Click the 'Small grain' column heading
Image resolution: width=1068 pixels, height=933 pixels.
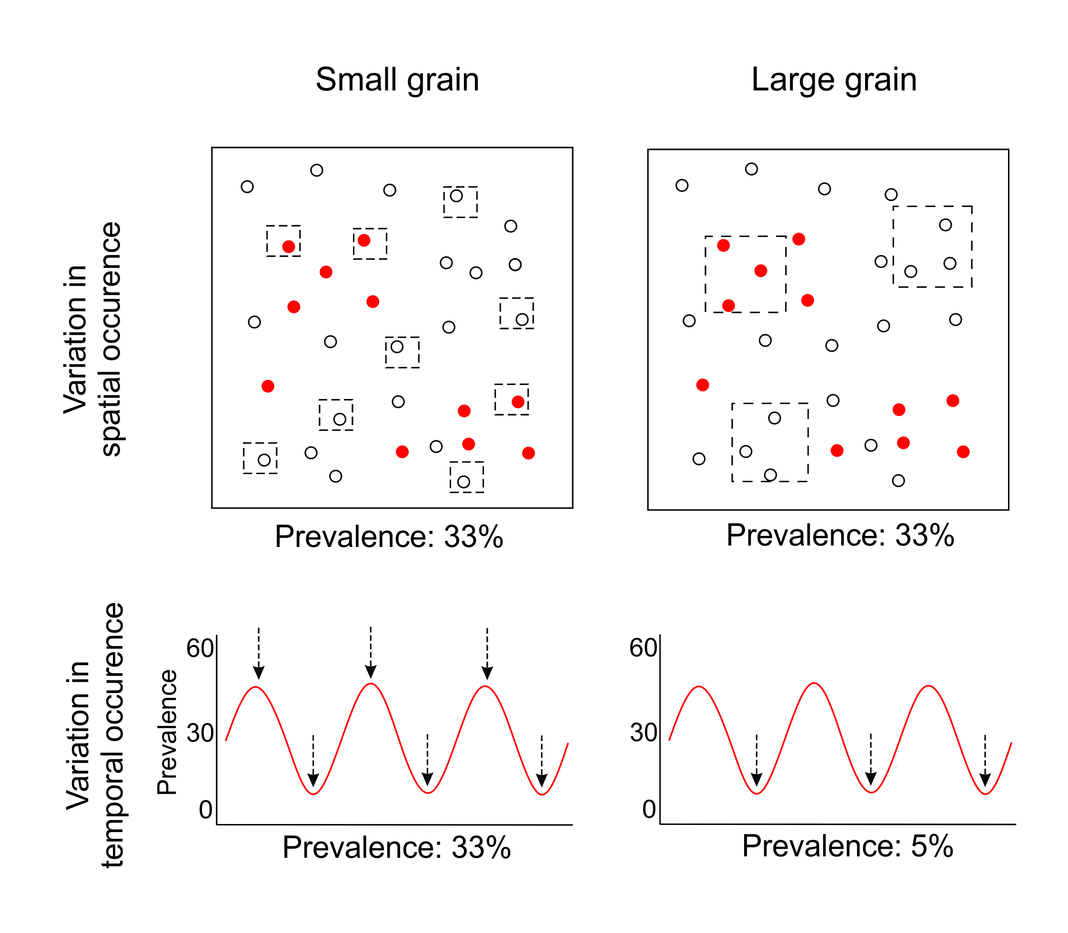click(397, 79)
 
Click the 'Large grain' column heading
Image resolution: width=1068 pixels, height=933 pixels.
click(834, 79)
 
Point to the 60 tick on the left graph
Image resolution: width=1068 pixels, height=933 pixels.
click(200, 648)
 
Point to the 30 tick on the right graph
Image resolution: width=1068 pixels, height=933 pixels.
click(644, 733)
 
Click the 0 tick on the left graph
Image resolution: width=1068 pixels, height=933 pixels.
click(206, 810)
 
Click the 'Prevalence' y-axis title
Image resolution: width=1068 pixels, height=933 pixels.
click(167, 732)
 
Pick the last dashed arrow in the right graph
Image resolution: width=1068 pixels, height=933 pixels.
click(985, 761)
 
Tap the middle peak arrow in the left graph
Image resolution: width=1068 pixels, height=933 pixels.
click(371, 653)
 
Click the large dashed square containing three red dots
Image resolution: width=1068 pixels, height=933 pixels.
click(746, 274)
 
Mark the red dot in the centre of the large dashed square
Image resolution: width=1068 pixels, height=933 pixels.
click(761, 271)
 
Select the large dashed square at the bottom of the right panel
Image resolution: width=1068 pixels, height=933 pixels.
click(770, 442)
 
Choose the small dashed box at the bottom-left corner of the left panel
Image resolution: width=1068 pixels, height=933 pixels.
click(260, 458)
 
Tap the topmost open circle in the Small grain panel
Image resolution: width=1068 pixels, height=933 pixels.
click(317, 170)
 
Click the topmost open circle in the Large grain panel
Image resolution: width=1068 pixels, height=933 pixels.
click(751, 169)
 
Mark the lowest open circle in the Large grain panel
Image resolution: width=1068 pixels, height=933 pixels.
click(898, 481)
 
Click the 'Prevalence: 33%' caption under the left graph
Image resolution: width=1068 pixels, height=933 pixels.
click(396, 847)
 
